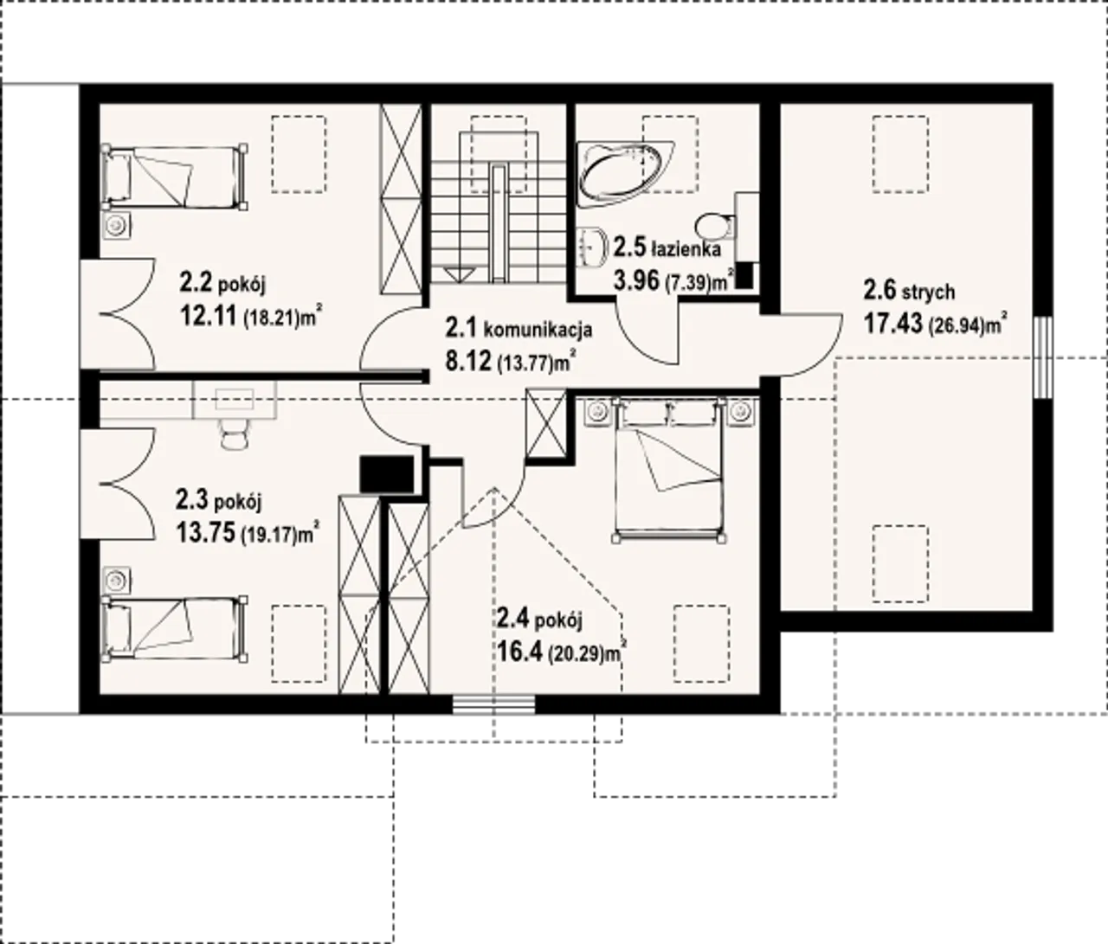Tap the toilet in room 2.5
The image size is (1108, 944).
click(717, 225)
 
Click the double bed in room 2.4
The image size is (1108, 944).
click(669, 470)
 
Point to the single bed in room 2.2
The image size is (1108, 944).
click(175, 177)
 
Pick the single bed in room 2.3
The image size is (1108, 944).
click(175, 627)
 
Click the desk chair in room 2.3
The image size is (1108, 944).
click(235, 435)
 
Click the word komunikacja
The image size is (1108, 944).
click(538, 330)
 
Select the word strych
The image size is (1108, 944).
click(929, 292)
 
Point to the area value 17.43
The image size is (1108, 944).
click(893, 323)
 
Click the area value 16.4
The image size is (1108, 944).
click(520, 652)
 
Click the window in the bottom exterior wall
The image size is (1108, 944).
click(493, 704)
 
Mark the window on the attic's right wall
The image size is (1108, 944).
click(1042, 357)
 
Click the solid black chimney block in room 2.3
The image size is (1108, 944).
click(386, 474)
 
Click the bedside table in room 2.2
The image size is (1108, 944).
click(116, 226)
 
